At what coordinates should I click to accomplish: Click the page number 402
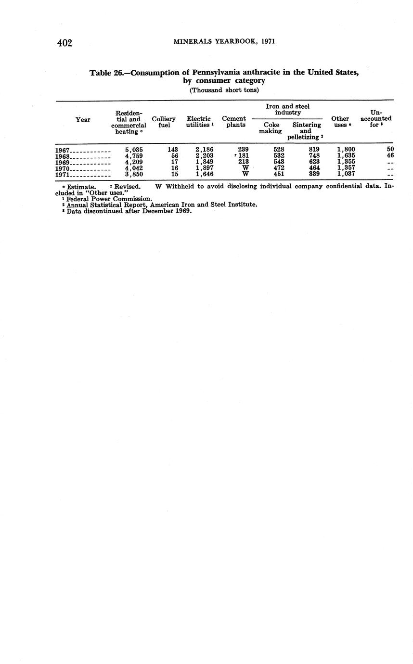point(65,43)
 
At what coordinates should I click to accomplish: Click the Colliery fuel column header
point(164,122)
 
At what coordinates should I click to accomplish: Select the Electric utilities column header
point(199,122)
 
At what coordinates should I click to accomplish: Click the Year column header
point(83,119)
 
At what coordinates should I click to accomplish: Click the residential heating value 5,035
point(134,150)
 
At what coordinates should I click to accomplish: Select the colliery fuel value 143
point(172,150)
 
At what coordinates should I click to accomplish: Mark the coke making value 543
point(278,162)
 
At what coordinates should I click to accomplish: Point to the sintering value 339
point(314,175)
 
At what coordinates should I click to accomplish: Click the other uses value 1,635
point(346,156)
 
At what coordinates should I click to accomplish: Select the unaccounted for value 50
point(390,150)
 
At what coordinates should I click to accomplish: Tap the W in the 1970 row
point(245,168)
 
